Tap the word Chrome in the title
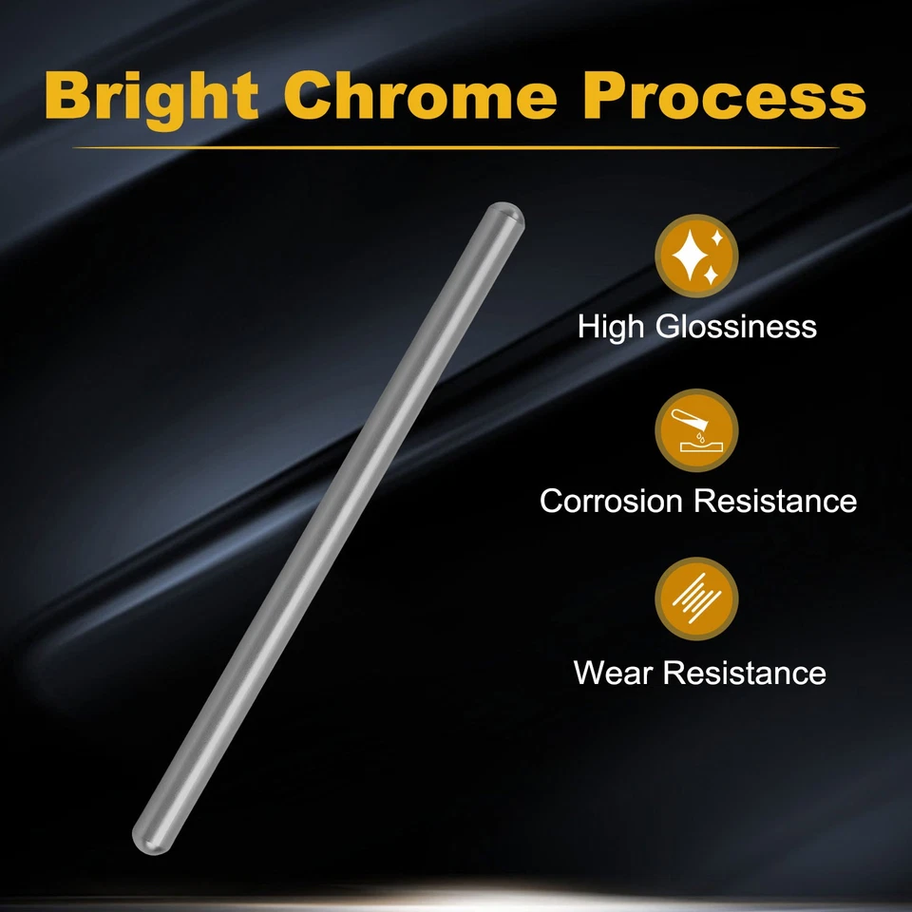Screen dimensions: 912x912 tap(420, 95)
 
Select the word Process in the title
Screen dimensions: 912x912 tap(725, 96)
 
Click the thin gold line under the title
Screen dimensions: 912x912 tap(455, 148)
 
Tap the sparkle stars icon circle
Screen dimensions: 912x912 tap(696, 256)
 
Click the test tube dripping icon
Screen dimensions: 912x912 tap(696, 430)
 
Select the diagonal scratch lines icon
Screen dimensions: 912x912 tap(696, 599)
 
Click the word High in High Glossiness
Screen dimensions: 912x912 tap(612, 326)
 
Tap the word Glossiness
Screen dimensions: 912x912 tap(735, 326)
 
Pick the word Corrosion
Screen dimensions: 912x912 tap(611, 501)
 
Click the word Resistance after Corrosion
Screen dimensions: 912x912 tap(775, 501)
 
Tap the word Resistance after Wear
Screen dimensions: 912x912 tap(745, 673)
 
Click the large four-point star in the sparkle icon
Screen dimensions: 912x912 tap(691, 256)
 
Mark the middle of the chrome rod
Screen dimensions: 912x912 tap(328, 528)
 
